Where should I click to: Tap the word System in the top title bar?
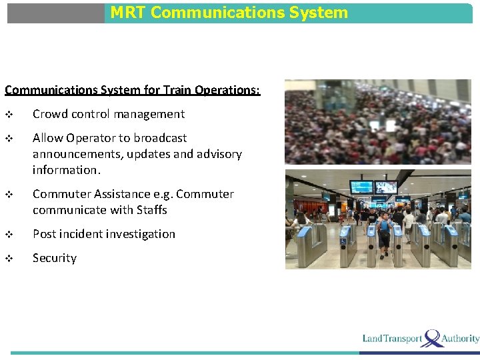317,13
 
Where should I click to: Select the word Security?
55,258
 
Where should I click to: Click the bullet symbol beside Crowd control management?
9,115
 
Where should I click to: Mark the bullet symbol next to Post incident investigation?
9,235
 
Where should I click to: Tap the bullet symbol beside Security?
9,259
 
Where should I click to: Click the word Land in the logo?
373,339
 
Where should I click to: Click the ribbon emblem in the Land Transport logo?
433,337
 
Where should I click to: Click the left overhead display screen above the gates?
361,187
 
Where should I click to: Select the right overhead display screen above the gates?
385,187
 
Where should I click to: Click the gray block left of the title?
56,13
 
